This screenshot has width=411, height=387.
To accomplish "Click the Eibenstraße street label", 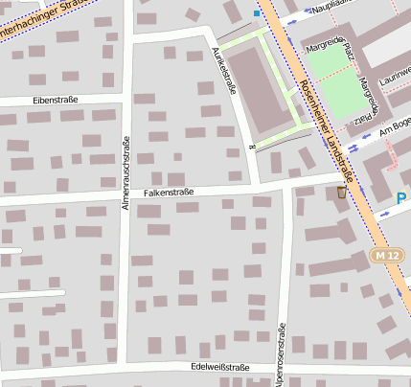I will [x=55, y=99].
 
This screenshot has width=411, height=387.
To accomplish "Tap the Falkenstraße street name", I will [x=169, y=193].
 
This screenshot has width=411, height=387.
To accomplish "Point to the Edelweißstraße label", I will [x=220, y=367].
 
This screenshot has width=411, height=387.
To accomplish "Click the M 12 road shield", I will [x=386, y=256].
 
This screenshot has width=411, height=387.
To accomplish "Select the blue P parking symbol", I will [x=402, y=198].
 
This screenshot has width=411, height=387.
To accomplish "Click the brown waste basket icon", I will [x=342, y=193].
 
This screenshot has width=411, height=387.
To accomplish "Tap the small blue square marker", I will [x=256, y=13].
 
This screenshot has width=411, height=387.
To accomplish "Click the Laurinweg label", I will [x=395, y=77].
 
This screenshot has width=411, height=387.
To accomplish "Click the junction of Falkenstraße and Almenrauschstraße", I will [x=125, y=197].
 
